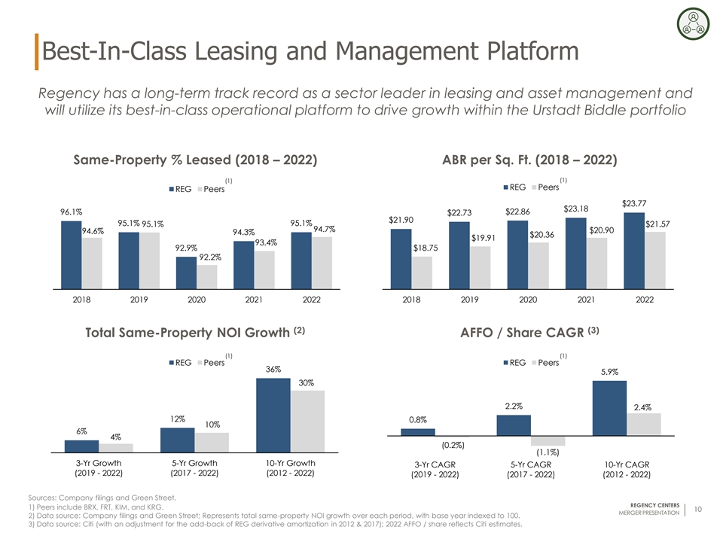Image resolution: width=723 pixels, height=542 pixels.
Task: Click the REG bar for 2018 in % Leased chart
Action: point(72,254)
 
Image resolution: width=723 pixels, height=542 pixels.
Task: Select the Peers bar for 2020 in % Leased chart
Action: point(206,276)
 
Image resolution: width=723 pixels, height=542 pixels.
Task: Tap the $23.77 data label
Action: point(634,202)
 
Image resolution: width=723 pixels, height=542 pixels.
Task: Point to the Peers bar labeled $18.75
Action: point(422,273)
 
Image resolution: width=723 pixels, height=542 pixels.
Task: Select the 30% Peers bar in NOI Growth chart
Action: point(306,421)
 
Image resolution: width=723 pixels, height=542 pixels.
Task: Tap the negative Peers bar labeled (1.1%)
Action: point(548,441)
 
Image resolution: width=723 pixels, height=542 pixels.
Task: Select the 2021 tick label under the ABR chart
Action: point(586,300)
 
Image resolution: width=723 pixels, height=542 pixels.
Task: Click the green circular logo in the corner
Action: point(692,23)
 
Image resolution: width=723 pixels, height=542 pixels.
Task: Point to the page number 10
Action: point(698,510)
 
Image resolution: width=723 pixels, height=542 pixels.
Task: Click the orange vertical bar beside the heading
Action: point(37,51)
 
